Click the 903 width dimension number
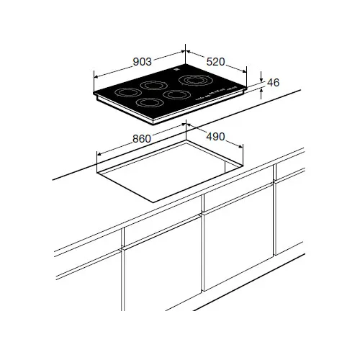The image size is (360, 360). coord(143,62)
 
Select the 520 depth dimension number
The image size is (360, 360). coord(215,62)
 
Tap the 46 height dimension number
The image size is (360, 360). coord(274,83)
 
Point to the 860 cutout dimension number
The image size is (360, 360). coord(142,139)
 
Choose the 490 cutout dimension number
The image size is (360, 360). coord(215,137)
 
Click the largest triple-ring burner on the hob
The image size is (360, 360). coord(194,81)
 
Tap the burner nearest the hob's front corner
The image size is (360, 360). coord(148,102)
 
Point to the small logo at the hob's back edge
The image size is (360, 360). coord(176,69)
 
